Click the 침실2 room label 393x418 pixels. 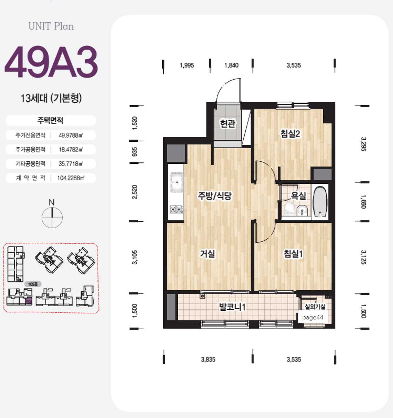290,133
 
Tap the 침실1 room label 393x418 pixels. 293,253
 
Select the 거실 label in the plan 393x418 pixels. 207,253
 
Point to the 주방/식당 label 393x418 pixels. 215,196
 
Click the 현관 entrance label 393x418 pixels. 228,123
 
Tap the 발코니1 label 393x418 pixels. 232,306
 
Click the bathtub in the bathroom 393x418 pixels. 320,202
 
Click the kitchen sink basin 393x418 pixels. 177,182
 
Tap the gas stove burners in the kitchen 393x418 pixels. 177,209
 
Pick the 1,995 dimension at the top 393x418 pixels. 187,65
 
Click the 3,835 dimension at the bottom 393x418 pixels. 208,359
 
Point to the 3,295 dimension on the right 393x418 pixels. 364,144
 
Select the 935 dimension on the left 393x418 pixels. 135,152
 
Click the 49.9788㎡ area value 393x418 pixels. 70,135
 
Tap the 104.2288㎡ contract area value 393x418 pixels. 70,178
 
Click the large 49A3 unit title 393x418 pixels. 51,62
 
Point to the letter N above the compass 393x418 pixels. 52,202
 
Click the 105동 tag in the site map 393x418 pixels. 33,284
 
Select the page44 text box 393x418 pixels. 313,317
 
